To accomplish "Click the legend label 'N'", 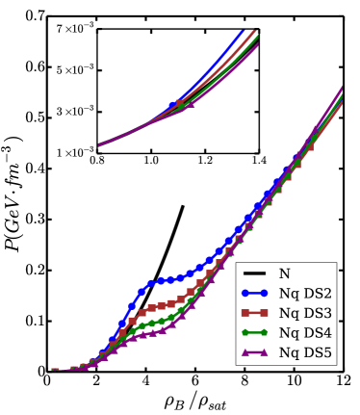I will [284, 274].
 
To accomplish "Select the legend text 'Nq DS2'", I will [305, 294].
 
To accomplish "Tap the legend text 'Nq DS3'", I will [305, 313].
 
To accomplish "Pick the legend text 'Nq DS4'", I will [305, 333].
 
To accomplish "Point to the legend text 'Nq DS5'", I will [305, 352].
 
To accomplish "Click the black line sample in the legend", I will [255, 274].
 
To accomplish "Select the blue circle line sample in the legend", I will [255, 294].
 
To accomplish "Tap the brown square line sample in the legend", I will [255, 313].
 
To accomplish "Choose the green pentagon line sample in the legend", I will [255, 333].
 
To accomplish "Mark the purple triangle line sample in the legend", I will [255, 352].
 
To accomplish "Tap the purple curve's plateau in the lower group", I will [149, 334].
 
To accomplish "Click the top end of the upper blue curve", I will [242, 30].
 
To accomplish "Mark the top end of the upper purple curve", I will [257, 44].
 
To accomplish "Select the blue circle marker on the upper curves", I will [173, 105].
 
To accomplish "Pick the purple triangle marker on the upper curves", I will [190, 104].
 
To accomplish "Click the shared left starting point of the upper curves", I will [99, 144].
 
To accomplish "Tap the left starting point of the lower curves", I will [54, 369].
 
